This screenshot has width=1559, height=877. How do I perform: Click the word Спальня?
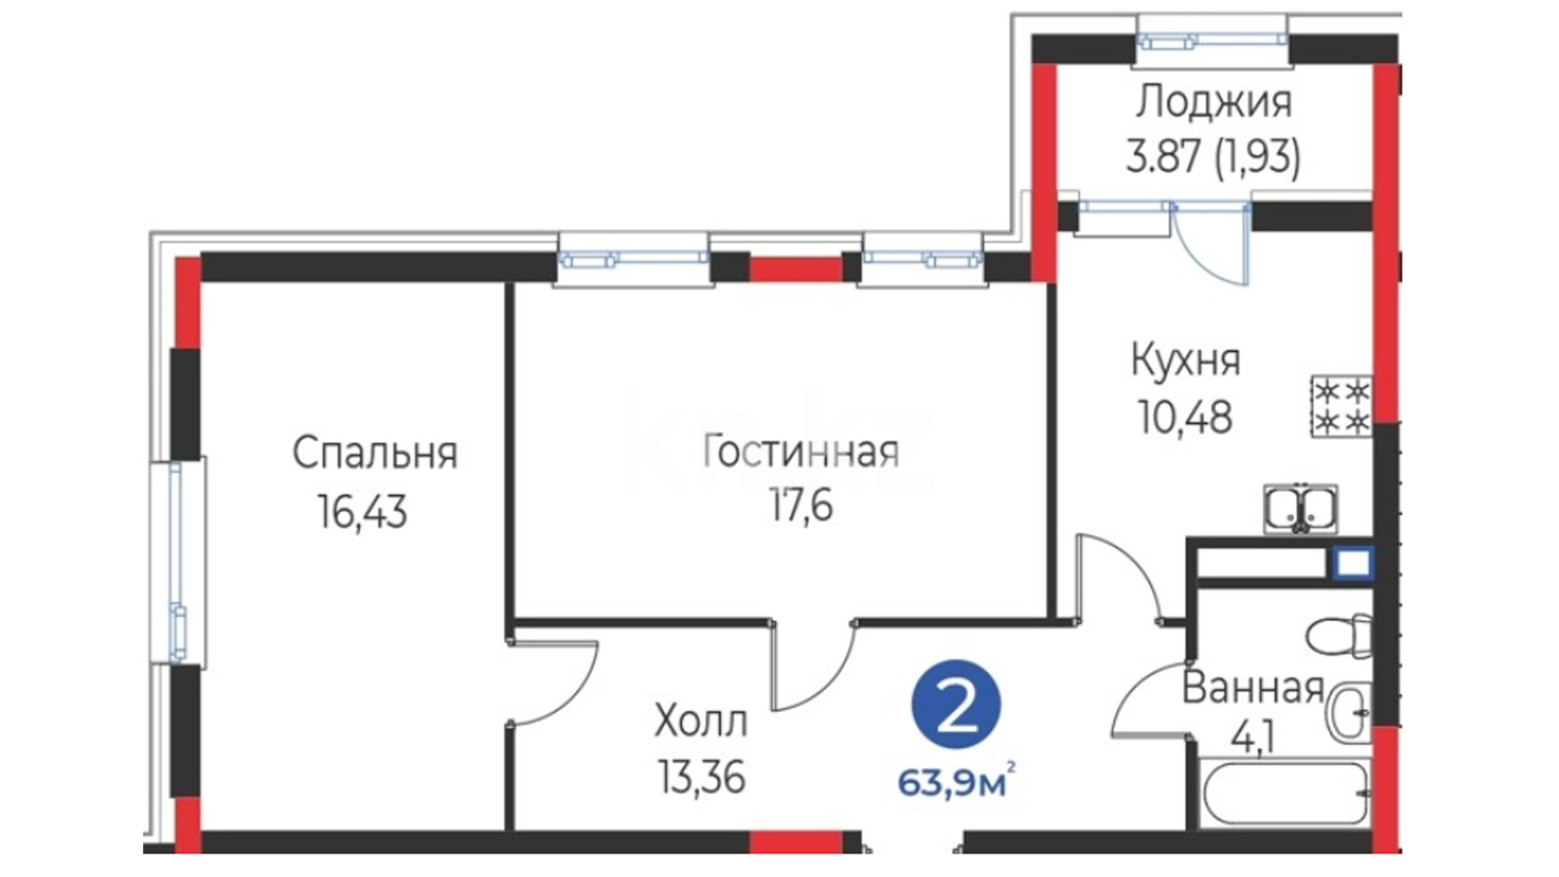[374, 454]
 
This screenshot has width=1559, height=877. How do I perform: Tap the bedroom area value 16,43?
[362, 513]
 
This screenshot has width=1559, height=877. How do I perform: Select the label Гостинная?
[801, 452]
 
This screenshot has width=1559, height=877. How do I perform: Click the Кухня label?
[1185, 361]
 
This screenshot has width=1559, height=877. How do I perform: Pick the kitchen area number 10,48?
[1185, 418]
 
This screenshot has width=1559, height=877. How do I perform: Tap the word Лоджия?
[1214, 104]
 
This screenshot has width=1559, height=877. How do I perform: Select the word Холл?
[701, 722]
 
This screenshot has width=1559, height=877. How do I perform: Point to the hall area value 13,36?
[702, 779]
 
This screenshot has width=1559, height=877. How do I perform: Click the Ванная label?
[1253, 689]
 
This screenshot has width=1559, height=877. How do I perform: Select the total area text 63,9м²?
[957, 784]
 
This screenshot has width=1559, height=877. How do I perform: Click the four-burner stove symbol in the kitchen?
[1341, 407]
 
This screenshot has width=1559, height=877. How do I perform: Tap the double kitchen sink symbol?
[1301, 509]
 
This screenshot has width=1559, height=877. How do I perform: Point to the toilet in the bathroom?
[1340, 636]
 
